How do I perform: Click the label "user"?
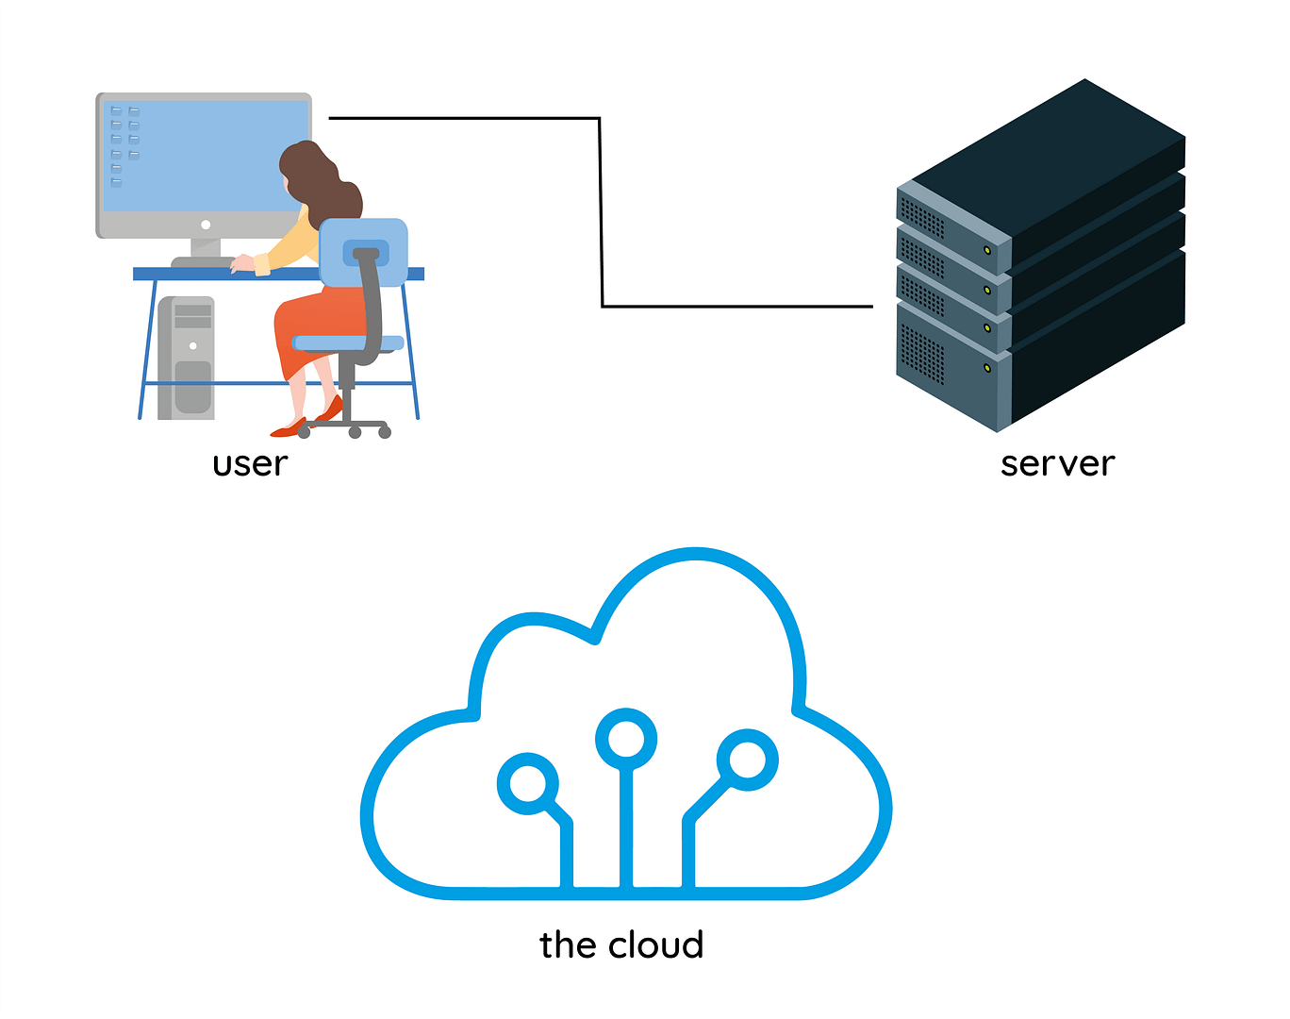250,464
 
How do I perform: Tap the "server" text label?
1057,464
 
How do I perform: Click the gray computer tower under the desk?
187,359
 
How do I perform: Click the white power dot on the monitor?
206,225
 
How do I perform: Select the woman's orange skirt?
311,321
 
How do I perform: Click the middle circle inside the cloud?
626,738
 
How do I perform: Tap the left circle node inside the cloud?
527,783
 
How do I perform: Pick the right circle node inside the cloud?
748,759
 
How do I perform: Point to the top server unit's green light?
987,250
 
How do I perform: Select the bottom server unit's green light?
987,367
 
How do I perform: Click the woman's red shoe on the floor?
288,429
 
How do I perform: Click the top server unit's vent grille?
922,219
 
